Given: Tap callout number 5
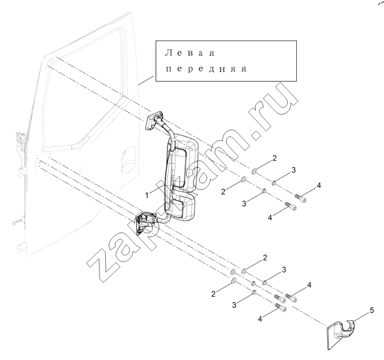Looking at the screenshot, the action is pyautogui.click(x=372, y=311).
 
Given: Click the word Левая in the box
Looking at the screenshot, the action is pyautogui.click(x=190, y=53).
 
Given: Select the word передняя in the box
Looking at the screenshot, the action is pyautogui.click(x=206, y=69).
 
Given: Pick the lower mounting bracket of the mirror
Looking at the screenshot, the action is pyautogui.click(x=144, y=222).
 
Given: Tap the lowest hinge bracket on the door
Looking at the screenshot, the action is pyautogui.click(x=20, y=247).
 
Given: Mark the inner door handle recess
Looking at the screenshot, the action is pyautogui.click(x=128, y=160).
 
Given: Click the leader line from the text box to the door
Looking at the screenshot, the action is pyautogui.click(x=146, y=80).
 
